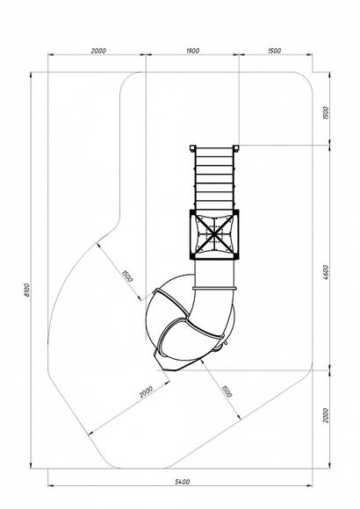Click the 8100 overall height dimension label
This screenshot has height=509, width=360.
coord(27,290)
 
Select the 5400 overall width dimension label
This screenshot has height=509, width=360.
coord(183,482)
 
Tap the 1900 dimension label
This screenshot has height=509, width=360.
coord(192,51)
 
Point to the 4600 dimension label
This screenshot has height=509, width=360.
coord(326,273)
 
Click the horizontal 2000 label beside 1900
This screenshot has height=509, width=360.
coord(98,51)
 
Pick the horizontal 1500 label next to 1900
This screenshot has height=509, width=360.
coord(275,51)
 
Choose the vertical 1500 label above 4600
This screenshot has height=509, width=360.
coord(326,112)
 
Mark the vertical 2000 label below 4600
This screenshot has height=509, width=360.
coord(326,415)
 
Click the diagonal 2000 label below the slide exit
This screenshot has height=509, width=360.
coord(146,391)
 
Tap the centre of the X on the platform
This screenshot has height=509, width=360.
coord(214,234)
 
